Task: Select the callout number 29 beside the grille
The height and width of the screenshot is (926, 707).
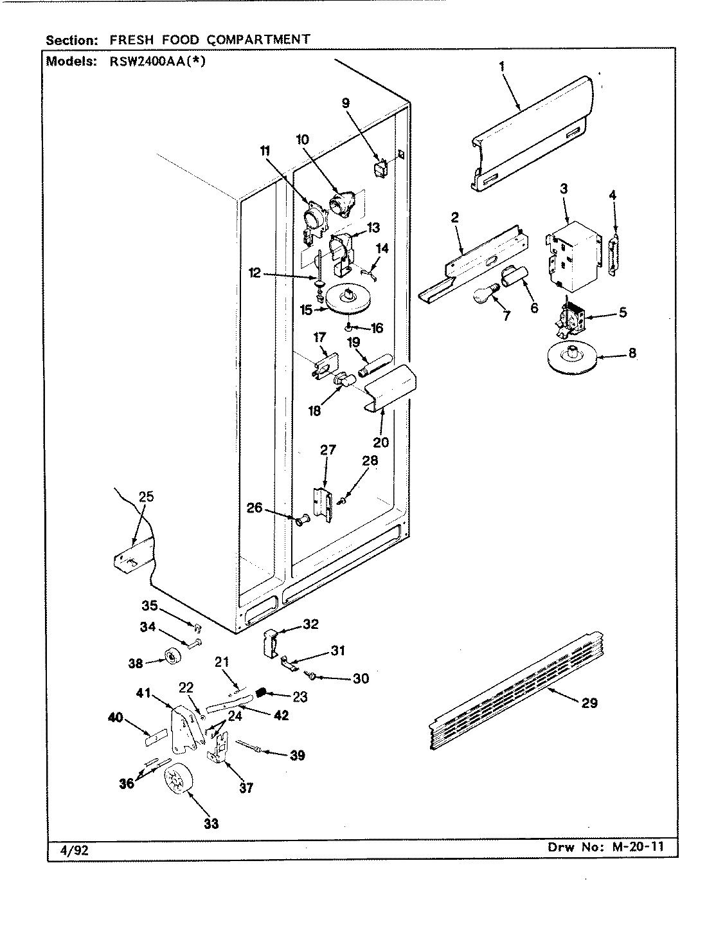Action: point(589,703)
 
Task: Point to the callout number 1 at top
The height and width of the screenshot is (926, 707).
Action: point(502,66)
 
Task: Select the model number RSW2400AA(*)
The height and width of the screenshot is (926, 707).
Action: point(157,61)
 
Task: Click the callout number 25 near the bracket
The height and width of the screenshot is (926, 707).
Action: point(146,496)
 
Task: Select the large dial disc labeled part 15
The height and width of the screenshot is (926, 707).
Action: point(348,300)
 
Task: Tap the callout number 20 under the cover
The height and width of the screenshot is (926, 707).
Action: point(380,442)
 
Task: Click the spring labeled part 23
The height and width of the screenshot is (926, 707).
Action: point(262,691)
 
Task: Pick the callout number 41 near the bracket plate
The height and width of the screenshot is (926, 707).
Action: point(143,693)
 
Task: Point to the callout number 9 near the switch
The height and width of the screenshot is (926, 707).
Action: point(346,103)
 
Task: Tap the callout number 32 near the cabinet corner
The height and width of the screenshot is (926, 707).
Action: point(310,624)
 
